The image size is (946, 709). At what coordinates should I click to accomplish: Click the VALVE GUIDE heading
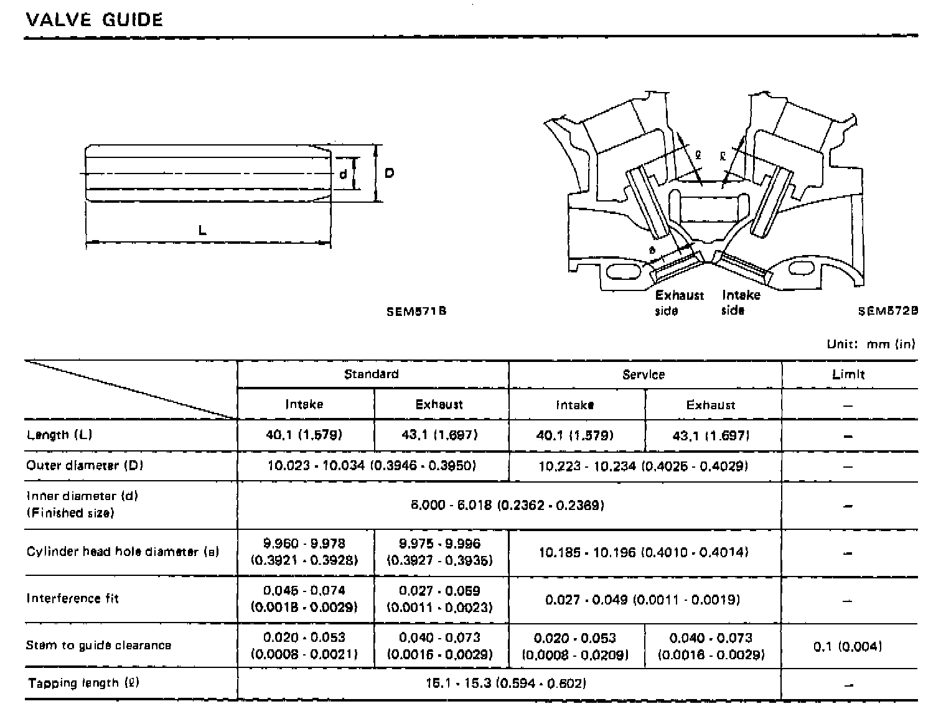click(94, 20)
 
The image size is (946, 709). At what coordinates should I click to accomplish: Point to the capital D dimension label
click(389, 174)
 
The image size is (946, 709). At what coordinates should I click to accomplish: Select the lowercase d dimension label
click(343, 175)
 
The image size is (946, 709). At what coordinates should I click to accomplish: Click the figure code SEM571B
click(416, 311)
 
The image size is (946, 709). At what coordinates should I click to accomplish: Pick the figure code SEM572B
click(887, 311)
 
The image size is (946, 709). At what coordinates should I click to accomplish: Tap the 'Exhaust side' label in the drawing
click(679, 302)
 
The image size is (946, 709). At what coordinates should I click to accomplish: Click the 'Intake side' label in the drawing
click(741, 302)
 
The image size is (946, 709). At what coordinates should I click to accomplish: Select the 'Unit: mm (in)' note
click(871, 344)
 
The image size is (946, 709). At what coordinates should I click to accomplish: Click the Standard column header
click(372, 374)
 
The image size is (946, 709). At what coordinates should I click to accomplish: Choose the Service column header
click(644, 375)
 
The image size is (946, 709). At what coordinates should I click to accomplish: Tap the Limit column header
click(848, 375)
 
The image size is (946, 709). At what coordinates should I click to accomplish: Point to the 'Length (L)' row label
click(59, 435)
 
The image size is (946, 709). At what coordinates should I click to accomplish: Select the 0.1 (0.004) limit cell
click(848, 647)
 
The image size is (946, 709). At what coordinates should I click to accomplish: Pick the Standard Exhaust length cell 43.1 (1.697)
click(439, 435)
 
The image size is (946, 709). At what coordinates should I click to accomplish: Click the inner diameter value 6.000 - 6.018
click(507, 506)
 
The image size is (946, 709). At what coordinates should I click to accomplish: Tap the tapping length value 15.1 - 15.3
click(506, 684)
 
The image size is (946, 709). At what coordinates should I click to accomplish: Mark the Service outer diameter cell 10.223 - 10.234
click(643, 466)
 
